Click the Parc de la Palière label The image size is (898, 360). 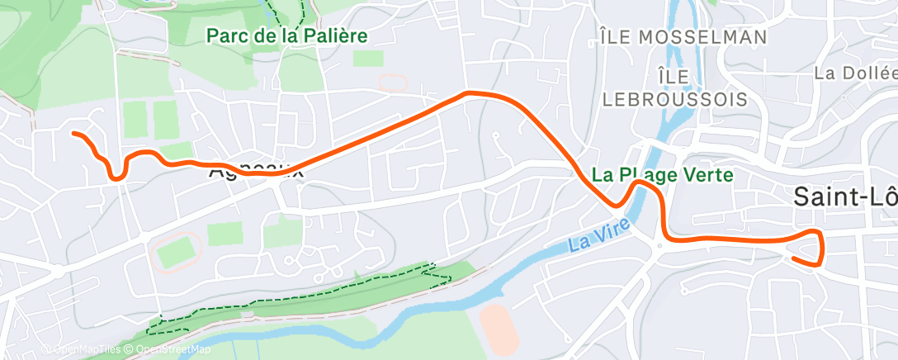286,36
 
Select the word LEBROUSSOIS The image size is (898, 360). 675,99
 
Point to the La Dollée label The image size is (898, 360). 854,73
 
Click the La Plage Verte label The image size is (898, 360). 663,175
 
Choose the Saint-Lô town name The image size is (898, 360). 844,197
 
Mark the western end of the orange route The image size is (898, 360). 74,133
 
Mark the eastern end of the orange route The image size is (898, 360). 793,258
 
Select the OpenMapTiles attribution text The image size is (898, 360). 83,350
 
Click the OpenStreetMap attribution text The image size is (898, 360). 169,350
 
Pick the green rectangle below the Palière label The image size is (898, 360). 368,58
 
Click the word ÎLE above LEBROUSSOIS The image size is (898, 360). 675,76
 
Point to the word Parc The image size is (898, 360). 224,36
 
